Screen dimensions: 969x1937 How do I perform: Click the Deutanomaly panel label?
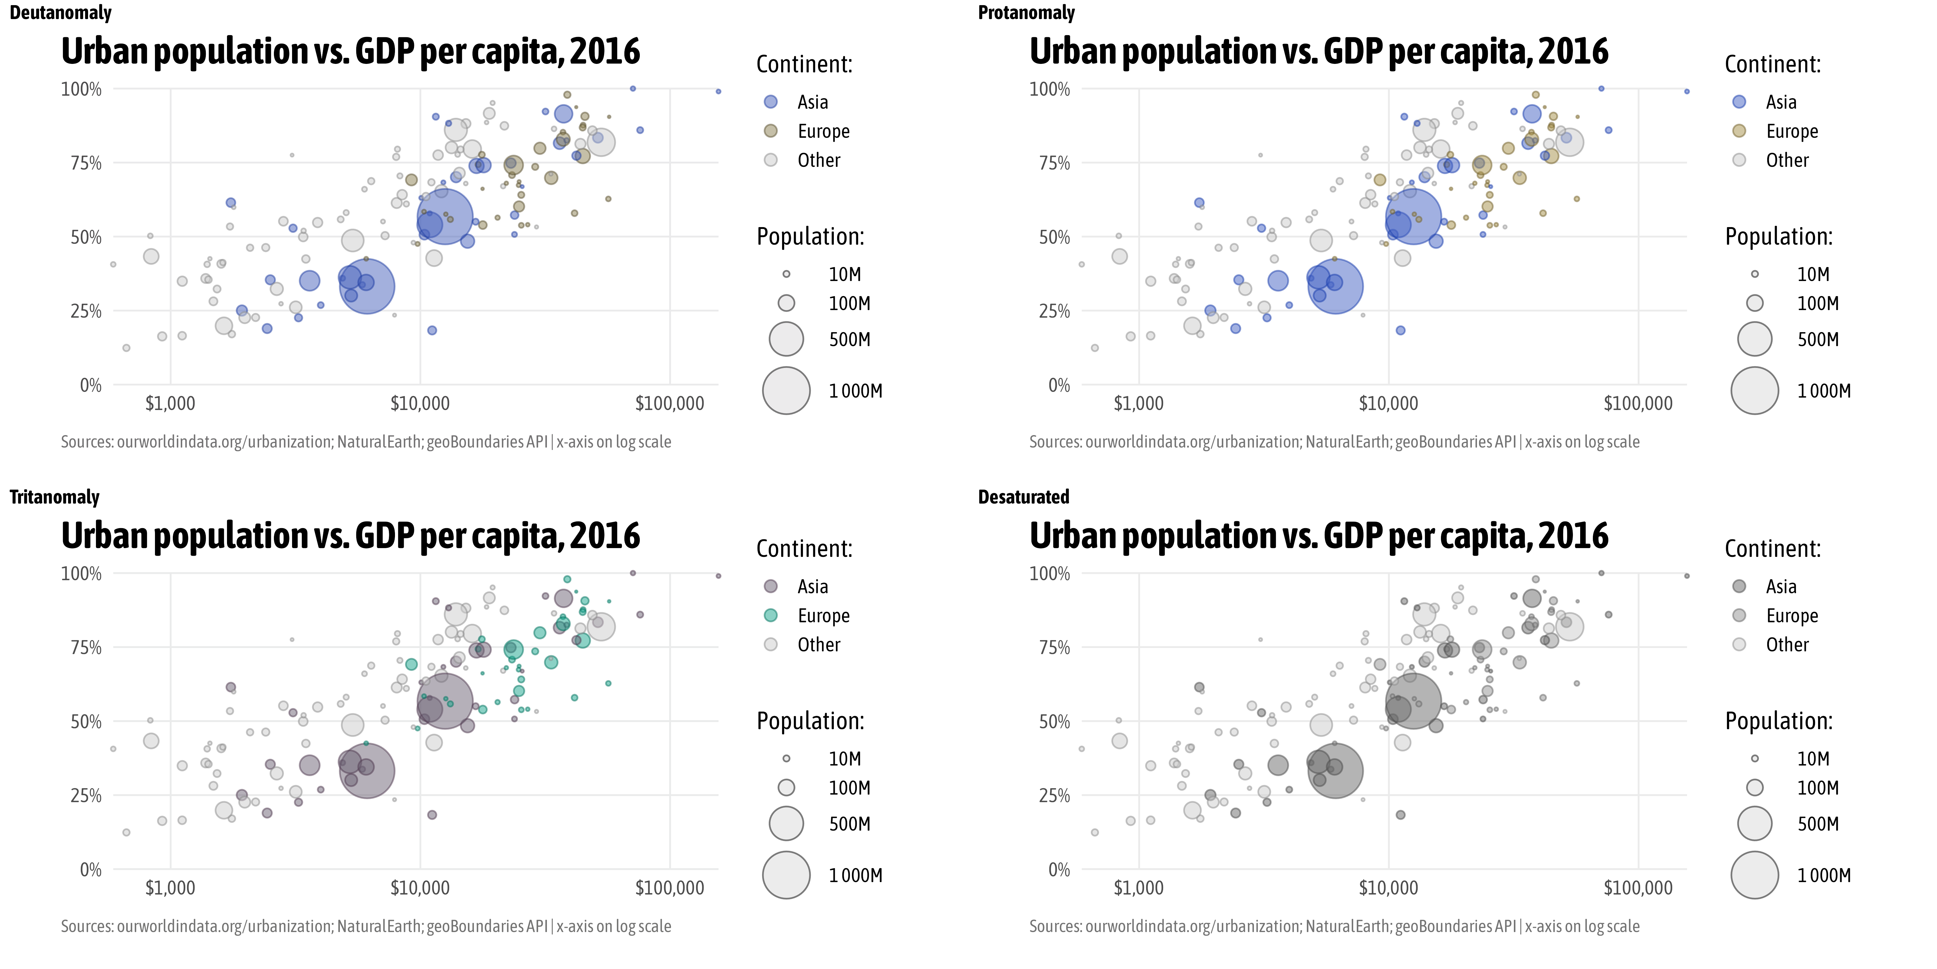pyautogui.click(x=60, y=13)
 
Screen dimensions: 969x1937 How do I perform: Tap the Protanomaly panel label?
pyautogui.click(x=1026, y=13)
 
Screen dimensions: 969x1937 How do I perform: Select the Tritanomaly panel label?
pyautogui.click(x=54, y=497)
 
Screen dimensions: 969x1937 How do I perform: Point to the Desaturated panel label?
pyautogui.click(x=1023, y=497)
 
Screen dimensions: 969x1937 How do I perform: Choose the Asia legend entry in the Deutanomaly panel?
pyautogui.click(x=812, y=101)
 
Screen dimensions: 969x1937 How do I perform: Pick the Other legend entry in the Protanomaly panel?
pyautogui.click(x=1787, y=160)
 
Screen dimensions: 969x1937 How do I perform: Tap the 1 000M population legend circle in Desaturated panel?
pyautogui.click(x=1754, y=875)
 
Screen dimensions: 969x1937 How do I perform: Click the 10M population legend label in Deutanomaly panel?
pyautogui.click(x=844, y=275)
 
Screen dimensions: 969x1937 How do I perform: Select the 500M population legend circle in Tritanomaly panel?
pyautogui.click(x=786, y=824)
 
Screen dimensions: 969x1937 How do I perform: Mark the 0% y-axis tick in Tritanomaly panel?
pyautogui.click(x=90, y=870)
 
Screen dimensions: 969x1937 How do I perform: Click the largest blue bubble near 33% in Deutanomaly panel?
pyautogui.click(x=367, y=286)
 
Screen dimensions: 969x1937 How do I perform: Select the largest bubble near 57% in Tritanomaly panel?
pyautogui.click(x=444, y=702)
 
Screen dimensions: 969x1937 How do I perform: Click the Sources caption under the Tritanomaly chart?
pyautogui.click(x=365, y=926)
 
